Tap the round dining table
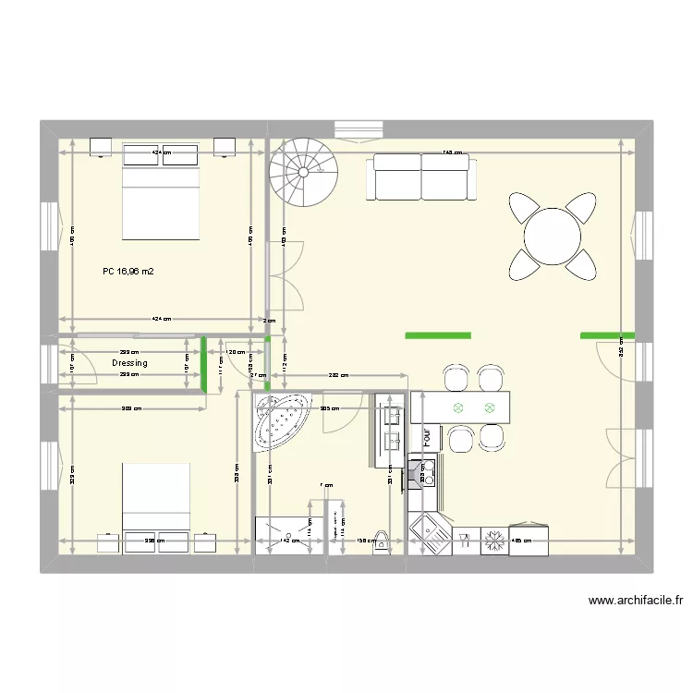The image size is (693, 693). pos(553,236)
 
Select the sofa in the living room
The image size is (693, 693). pos(422,176)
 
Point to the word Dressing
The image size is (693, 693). pos(129,363)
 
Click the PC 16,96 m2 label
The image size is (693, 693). pos(128,273)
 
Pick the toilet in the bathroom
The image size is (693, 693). pos(379,546)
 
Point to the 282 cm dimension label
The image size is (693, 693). pos(338,375)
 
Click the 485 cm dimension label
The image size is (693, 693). pos(523,541)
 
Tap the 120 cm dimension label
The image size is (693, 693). pos(235,352)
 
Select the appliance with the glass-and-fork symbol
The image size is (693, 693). pos(466,541)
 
